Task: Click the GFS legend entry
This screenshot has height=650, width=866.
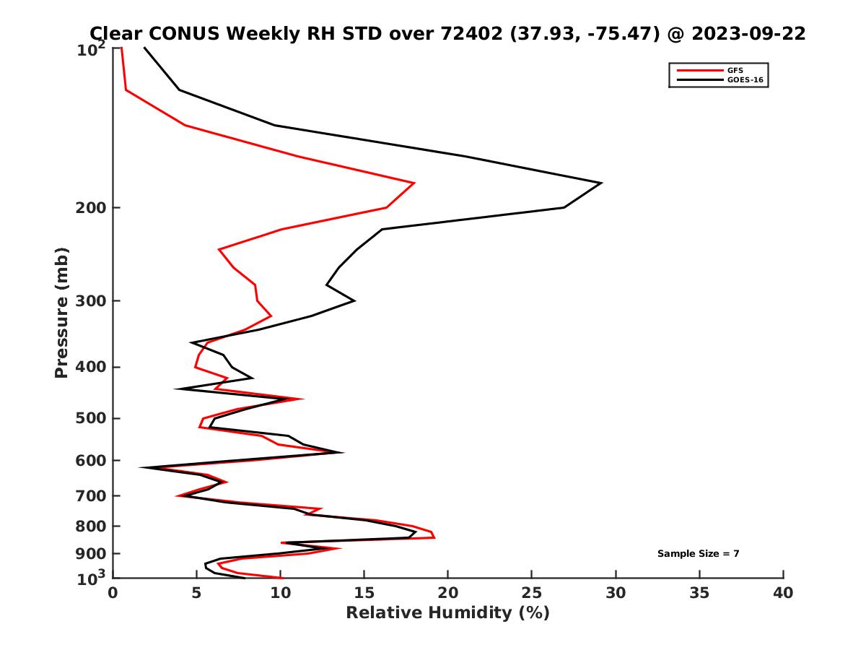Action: coord(735,70)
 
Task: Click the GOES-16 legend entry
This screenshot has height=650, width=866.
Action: coord(745,80)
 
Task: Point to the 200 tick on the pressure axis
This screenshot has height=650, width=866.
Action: coord(92,208)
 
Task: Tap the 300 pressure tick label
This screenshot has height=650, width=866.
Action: coord(92,300)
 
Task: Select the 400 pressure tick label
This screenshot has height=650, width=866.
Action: coord(92,367)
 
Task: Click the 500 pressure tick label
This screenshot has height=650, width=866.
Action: coord(92,418)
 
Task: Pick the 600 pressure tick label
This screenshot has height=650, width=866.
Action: coord(92,460)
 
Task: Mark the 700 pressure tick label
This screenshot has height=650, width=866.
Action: coord(92,495)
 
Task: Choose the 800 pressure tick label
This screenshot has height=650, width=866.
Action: coord(92,526)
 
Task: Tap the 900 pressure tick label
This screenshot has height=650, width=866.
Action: coord(92,553)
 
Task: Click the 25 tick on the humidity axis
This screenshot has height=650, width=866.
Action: coord(532,593)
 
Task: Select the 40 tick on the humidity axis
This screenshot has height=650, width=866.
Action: coord(783,593)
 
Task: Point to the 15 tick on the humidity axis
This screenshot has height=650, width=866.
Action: coord(364,593)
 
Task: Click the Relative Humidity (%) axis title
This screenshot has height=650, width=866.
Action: coord(447,613)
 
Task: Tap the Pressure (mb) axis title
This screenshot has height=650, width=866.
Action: coord(61,312)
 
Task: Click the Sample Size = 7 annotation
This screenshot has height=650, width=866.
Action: coord(698,554)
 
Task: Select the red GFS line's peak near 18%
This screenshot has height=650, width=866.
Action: coord(414,183)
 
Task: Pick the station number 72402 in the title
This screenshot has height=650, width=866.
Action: coord(468,34)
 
